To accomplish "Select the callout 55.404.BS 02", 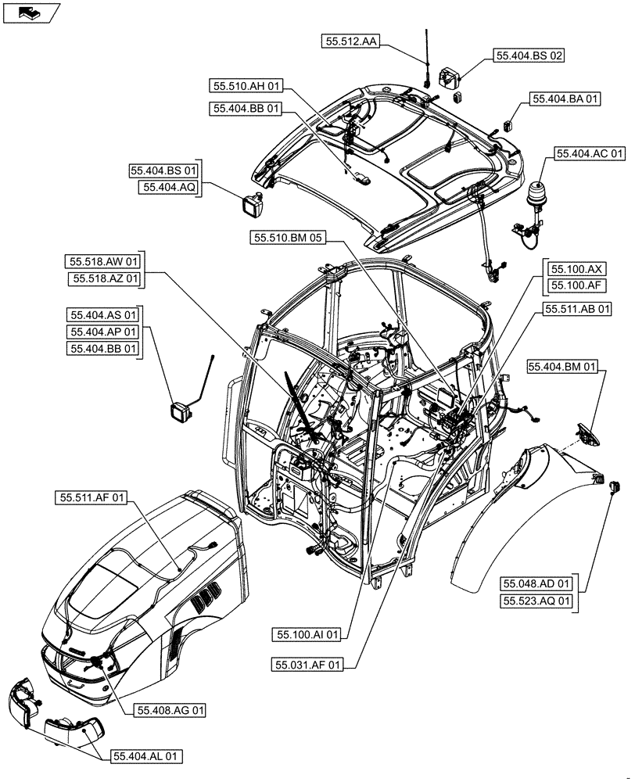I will coord(528,56).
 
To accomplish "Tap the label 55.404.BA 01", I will coord(566,99).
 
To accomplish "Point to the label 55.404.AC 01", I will coord(590,154).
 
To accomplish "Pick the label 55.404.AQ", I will coord(169,187).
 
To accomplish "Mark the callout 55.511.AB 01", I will coord(578,310).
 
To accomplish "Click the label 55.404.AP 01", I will coord(103,332).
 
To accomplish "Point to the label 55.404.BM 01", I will coord(563,366).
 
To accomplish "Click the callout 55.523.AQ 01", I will coord(537,601).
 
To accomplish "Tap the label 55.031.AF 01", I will coord(307,665).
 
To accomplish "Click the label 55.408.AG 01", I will coord(171,710).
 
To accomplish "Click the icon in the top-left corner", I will coord(31,12).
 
